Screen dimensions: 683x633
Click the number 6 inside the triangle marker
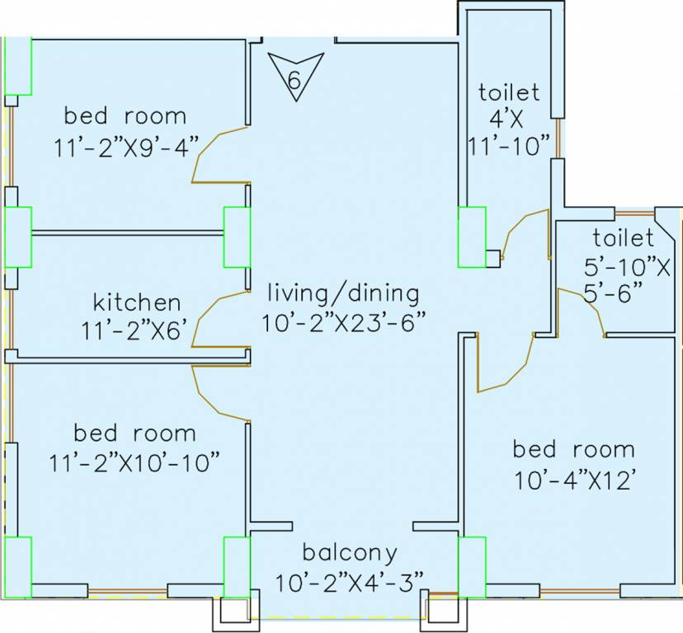coord(294,80)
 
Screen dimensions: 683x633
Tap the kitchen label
coord(137,302)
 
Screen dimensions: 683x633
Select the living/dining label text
coord(343,293)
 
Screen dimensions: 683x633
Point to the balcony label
coord(350,553)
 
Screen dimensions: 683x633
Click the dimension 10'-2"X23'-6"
coord(343,322)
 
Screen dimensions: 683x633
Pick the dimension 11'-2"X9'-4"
coord(127,147)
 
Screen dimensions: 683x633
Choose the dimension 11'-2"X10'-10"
coord(134,462)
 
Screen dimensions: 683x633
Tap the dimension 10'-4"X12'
coord(573,481)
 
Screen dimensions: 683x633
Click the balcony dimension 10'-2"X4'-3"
coord(350,582)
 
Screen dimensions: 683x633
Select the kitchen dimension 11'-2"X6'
coord(137,331)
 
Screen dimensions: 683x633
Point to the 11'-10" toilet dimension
coord(509,146)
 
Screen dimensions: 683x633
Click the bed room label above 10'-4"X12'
coord(573,449)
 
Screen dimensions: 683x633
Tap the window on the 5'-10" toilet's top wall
coord(634,213)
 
